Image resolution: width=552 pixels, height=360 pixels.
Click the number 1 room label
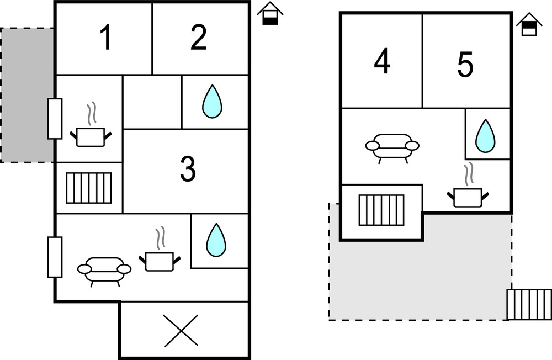coord(105,38)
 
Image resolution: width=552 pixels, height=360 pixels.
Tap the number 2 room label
coord(199,38)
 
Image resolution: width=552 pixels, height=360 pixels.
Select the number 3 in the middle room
coord(188,170)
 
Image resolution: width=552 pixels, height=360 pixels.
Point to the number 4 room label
coord(382,62)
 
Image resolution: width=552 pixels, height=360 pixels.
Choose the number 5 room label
coord(465,66)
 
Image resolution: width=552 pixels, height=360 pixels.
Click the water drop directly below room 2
coord(212,103)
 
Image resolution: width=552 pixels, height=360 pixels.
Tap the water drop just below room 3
coord(216,240)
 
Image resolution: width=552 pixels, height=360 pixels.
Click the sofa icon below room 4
coord(392,147)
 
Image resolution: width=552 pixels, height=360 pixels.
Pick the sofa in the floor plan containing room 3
coord(104,271)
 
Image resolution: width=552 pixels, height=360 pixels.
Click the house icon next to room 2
coord(270,14)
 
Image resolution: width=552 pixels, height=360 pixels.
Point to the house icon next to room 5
coord(529,25)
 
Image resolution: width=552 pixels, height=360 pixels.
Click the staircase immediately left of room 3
coord(89,188)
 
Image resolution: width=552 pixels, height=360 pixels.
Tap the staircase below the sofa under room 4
coord(381,210)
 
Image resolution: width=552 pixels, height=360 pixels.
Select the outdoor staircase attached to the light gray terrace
coord(529,304)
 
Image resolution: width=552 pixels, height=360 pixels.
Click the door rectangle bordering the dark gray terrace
coord(55,118)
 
